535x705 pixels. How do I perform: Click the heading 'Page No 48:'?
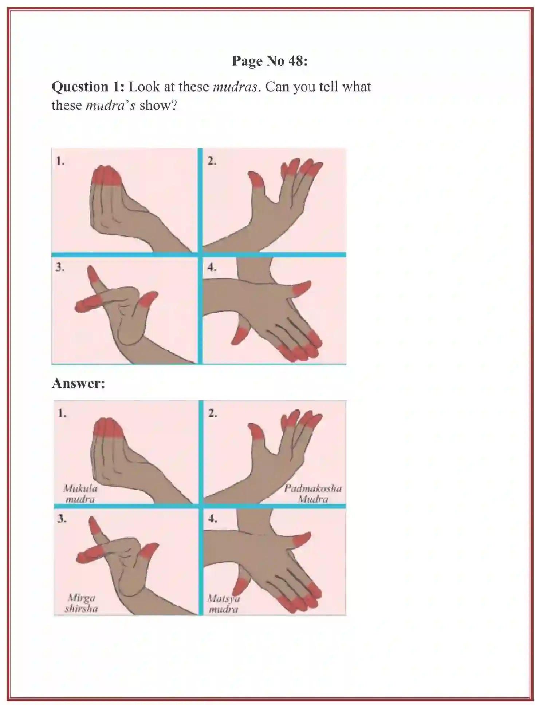[x=270, y=61]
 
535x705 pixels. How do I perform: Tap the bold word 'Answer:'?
[x=78, y=383]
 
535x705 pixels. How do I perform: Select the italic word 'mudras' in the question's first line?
[x=235, y=87]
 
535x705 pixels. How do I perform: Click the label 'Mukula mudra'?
[x=80, y=494]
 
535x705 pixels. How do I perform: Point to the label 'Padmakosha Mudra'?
[x=313, y=494]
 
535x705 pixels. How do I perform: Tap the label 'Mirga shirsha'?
[x=81, y=603]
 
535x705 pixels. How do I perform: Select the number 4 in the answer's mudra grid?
[x=212, y=518]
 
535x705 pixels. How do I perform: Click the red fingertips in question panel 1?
[x=106, y=176]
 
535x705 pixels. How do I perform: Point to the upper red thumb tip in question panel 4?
[x=302, y=287]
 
